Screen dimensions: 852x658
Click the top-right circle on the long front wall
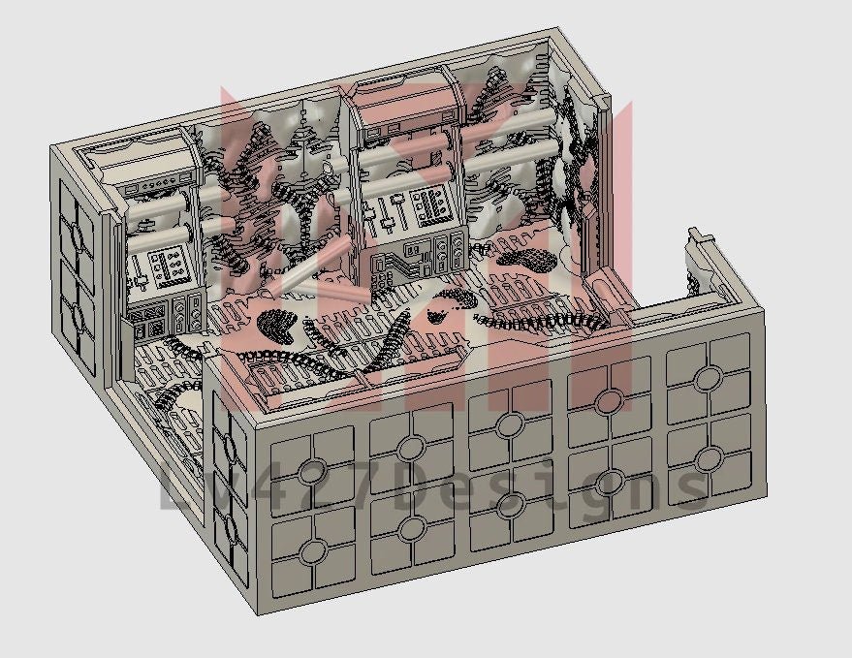(x=709, y=379)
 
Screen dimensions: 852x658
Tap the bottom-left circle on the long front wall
(x=313, y=551)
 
